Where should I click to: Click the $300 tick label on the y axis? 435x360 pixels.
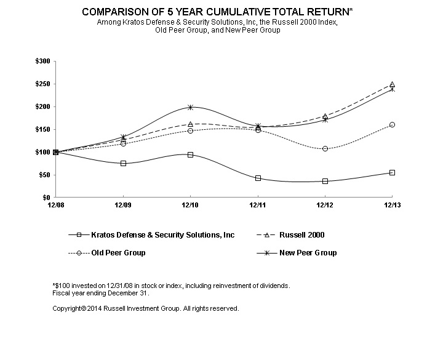click(43, 62)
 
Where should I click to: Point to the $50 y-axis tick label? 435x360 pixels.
click(45, 175)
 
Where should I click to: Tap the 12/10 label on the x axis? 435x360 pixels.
click(190, 204)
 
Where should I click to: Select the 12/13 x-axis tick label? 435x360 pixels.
click(392, 204)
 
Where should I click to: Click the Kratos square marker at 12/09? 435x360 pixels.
click(123, 163)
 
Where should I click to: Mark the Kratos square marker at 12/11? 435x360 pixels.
click(258, 178)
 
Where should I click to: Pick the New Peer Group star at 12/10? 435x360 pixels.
click(190, 107)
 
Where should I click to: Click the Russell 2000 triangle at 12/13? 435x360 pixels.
click(392, 84)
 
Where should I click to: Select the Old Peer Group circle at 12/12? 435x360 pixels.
click(325, 149)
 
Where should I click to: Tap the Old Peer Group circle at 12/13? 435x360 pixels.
click(392, 125)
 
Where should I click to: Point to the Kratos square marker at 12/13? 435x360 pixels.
click(392, 172)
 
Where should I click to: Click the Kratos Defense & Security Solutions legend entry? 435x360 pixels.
click(154, 234)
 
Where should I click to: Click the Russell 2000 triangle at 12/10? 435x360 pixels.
click(190, 124)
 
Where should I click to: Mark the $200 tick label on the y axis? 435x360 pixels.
click(43, 107)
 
